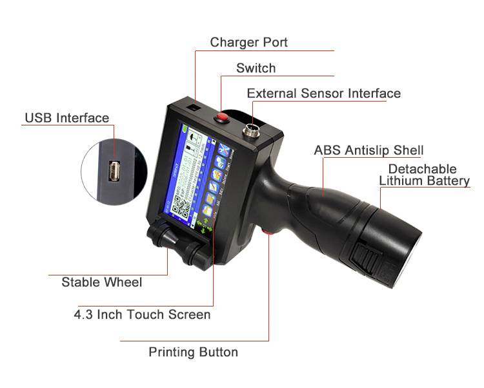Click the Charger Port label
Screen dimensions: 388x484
tap(248, 43)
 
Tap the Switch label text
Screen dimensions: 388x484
tap(256, 68)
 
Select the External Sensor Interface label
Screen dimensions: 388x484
tap(323, 93)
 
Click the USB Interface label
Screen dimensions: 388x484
tap(66, 118)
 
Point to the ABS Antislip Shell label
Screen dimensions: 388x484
tap(368, 150)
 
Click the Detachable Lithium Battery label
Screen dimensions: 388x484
tap(423, 175)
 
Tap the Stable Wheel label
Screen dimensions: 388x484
tap(101, 282)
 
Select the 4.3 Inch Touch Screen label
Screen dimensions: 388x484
tap(141, 315)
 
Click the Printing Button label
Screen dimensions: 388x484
tap(193, 352)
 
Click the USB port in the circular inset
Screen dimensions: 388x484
tap(114, 173)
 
